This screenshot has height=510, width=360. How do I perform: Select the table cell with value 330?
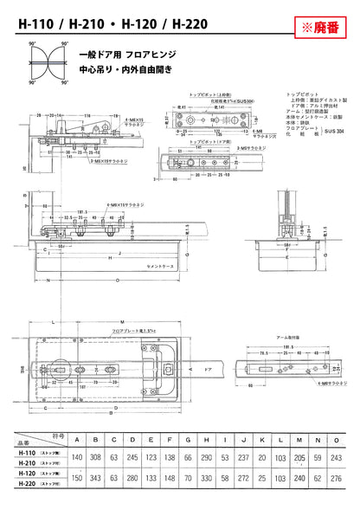pyautogui.click(x=204, y=477)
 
